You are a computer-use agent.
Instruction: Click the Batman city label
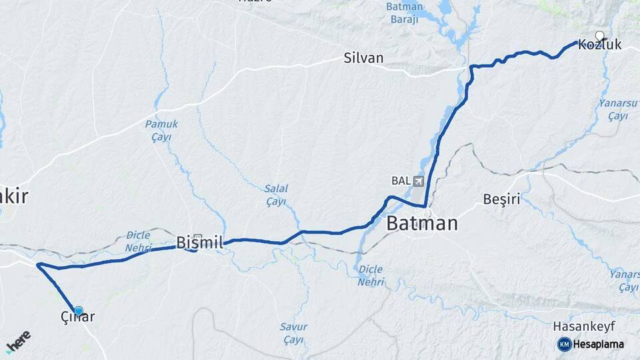click(x=422, y=223)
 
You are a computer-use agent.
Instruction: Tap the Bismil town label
click(x=199, y=242)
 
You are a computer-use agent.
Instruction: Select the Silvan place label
click(x=363, y=58)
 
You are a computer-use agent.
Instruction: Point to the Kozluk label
click(x=600, y=45)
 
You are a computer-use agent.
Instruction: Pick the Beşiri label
click(x=501, y=199)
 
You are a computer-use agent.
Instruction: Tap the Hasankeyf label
click(x=584, y=327)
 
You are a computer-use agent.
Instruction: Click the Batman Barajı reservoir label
click(x=404, y=13)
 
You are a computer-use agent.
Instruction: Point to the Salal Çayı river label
click(x=276, y=195)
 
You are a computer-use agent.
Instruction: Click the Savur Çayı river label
click(x=293, y=333)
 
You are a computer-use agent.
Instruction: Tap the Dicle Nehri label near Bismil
click(x=139, y=241)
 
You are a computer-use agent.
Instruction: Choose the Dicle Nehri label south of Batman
click(x=371, y=275)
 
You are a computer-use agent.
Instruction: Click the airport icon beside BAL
click(x=418, y=181)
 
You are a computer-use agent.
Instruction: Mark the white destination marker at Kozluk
click(x=599, y=36)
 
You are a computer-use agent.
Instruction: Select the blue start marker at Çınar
click(x=79, y=311)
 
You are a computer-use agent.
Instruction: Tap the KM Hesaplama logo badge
click(x=591, y=344)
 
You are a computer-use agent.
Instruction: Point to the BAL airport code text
click(x=401, y=181)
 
